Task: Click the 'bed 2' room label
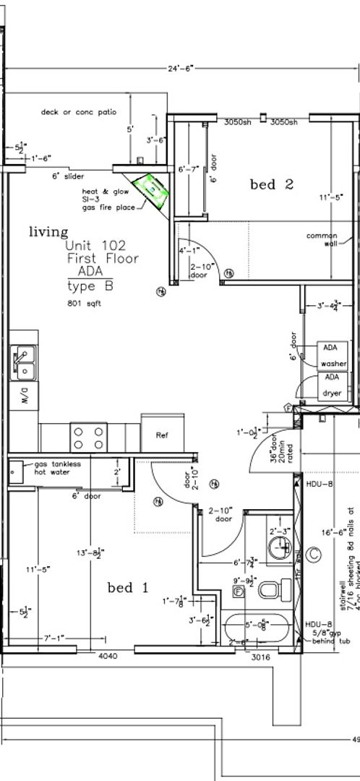[271, 184]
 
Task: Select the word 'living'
[48, 232]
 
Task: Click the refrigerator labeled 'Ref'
[162, 435]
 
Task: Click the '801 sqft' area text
[83, 304]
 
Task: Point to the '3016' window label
[261, 657]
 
